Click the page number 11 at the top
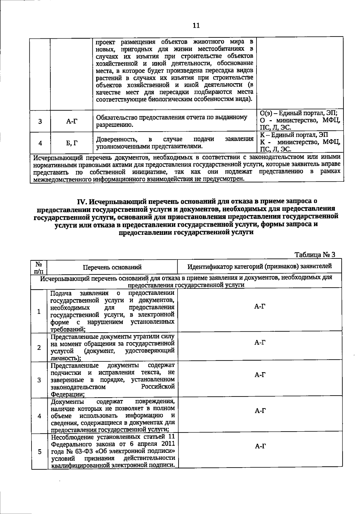[196, 25]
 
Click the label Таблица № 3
[315, 255]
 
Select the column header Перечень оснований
[112, 267]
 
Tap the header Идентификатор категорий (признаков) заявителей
[259, 266]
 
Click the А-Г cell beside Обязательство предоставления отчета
[71, 121]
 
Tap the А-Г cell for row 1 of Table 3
[260, 306]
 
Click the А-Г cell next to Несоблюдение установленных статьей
[260, 447]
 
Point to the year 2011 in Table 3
[168, 444]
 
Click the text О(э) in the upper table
[265, 113]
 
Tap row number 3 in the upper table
[40, 121]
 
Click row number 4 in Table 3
[39, 416]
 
